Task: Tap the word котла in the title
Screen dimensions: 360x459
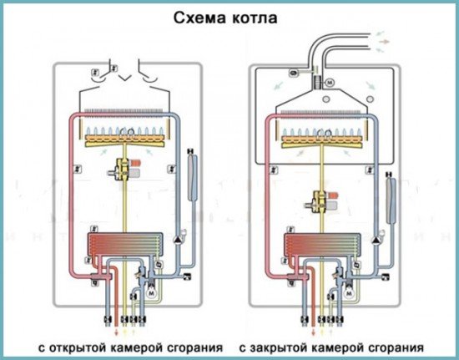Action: pyautogui.click(x=259, y=17)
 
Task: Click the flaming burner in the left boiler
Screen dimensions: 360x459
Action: pyautogui.click(x=127, y=136)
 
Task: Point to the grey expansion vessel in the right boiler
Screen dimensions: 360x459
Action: pyautogui.click(x=391, y=198)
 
